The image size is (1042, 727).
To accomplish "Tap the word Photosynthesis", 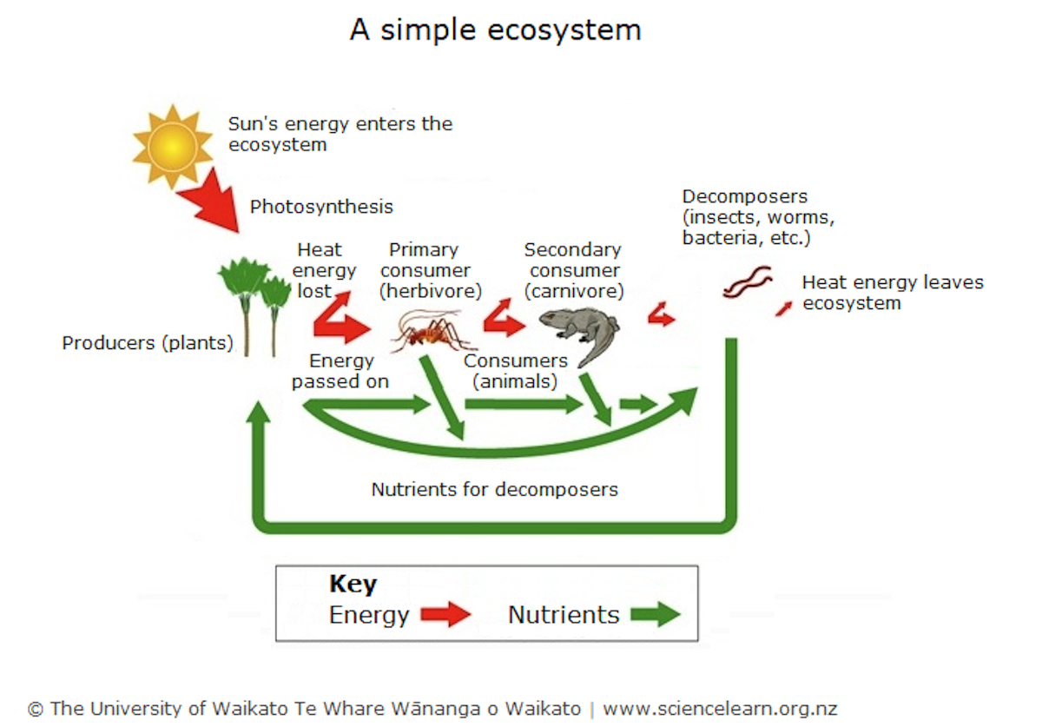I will tap(321, 207).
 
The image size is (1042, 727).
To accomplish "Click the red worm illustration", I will tap(747, 282).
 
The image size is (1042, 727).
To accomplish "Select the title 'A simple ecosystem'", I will tap(495, 30).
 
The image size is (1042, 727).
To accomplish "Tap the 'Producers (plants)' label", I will tap(148, 343).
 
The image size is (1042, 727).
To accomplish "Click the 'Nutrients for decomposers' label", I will tap(494, 490).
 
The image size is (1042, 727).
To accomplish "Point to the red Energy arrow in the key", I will tap(445, 615).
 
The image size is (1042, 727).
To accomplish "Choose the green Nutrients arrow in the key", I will tap(655, 615).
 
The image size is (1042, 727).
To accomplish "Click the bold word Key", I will tap(353, 585).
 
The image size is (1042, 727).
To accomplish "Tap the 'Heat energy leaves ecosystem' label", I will tap(892, 293).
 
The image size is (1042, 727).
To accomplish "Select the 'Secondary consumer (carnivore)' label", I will tap(572, 270).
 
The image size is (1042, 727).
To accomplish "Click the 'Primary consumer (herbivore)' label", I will tap(430, 270).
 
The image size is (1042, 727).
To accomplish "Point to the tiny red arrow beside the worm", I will tap(783, 307).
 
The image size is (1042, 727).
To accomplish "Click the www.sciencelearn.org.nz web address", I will tap(720, 709).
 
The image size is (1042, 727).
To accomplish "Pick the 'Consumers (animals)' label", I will tap(515, 371).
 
